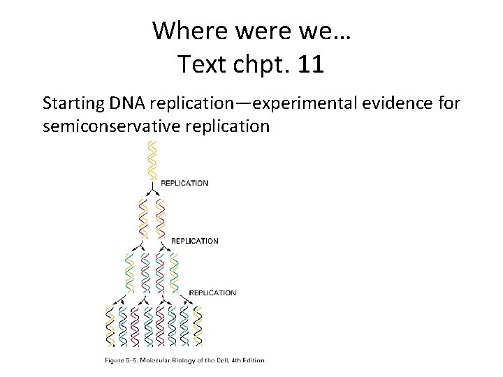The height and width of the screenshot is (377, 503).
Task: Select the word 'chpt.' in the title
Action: (x=259, y=64)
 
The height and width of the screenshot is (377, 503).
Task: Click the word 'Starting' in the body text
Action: (x=71, y=104)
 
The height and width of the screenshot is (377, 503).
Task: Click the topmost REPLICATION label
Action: (x=184, y=184)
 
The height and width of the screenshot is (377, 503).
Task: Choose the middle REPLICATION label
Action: (x=195, y=241)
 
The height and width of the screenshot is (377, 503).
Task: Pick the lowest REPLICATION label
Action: (x=212, y=293)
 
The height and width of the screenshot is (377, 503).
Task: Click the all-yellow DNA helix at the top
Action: (x=151, y=160)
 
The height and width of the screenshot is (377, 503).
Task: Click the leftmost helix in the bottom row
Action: (x=110, y=326)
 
